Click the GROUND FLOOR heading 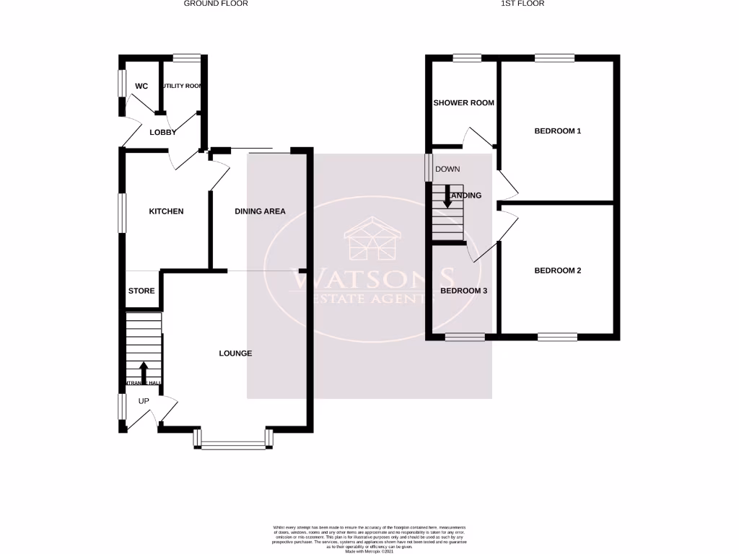(216, 4)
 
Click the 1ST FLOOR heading (522, 4)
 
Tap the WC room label (141, 87)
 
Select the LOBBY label (163, 132)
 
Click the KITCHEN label (166, 211)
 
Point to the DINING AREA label (260, 211)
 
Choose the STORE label (141, 291)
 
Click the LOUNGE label (236, 353)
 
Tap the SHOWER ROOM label (463, 102)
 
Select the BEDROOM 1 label (557, 131)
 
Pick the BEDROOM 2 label (557, 271)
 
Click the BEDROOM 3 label (464, 291)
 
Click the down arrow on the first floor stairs (447, 198)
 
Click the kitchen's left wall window (123, 213)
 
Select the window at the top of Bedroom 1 (554, 58)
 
